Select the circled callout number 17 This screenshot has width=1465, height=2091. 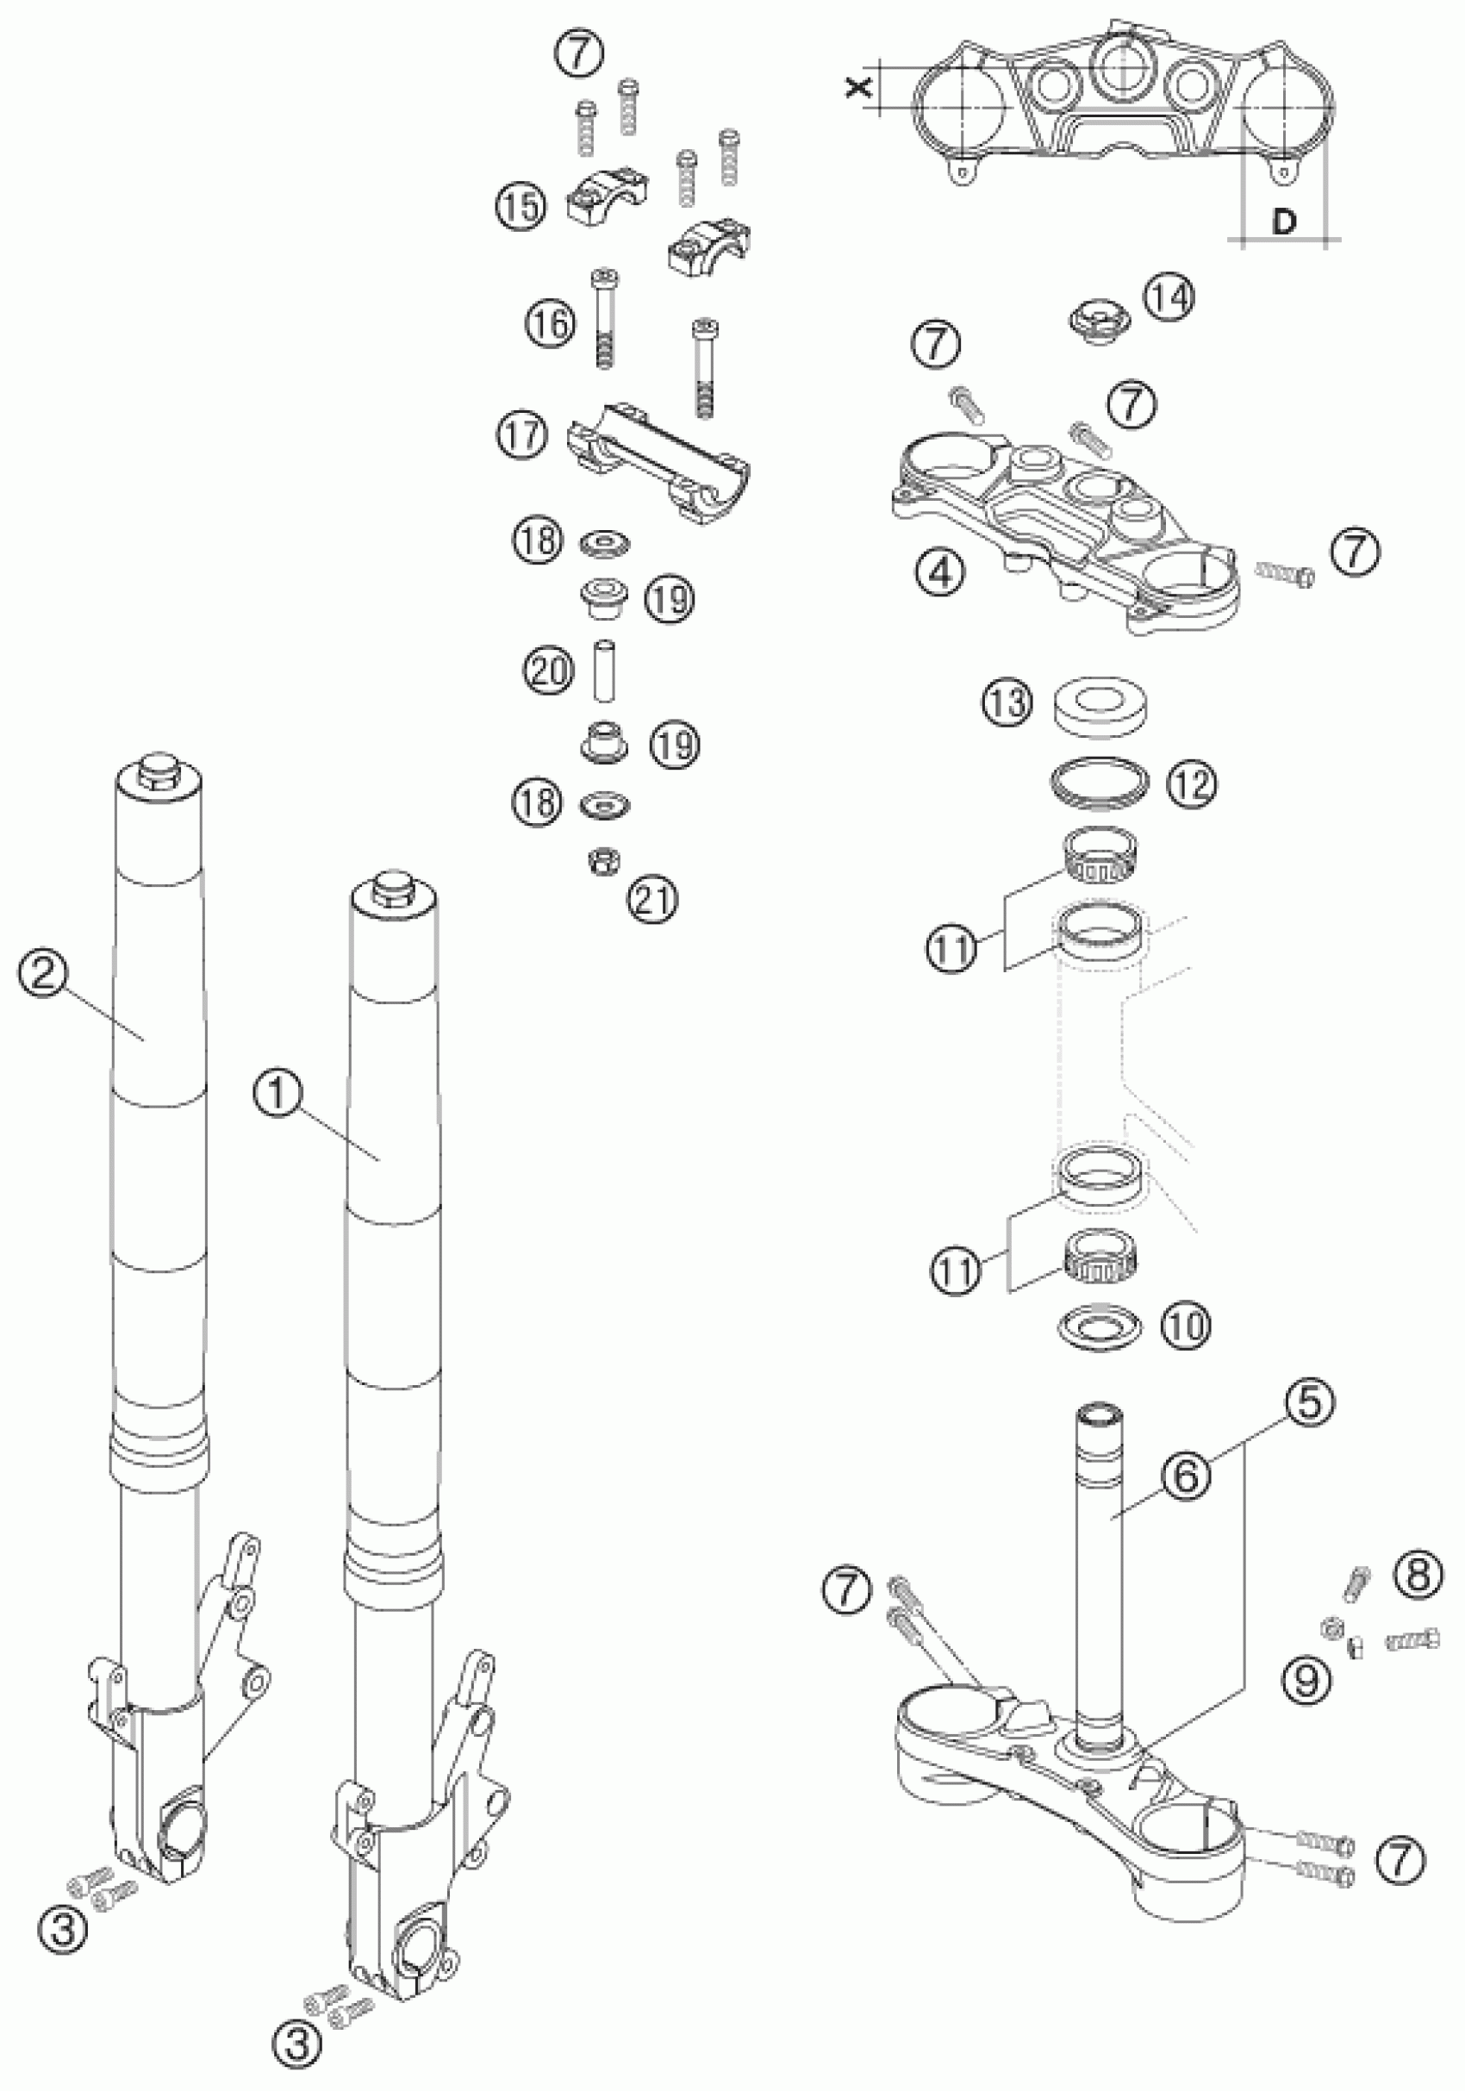pos(522,434)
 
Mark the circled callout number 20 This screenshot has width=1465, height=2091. pos(548,671)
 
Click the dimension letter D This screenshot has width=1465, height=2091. pos(1283,222)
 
